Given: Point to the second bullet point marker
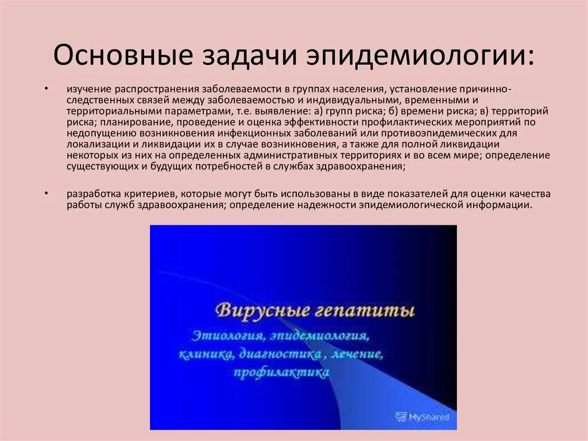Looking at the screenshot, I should (x=47, y=193).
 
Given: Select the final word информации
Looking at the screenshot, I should (x=497, y=205).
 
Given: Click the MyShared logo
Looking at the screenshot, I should (x=423, y=416).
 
